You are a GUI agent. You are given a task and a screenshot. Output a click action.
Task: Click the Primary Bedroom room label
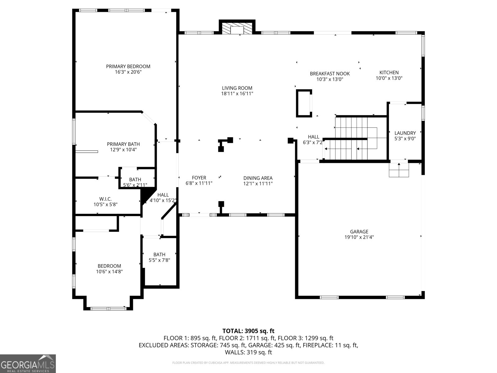click(128, 67)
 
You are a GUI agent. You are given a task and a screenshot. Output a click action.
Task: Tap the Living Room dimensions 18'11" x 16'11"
click(237, 94)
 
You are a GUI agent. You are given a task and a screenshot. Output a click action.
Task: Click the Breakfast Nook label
click(330, 74)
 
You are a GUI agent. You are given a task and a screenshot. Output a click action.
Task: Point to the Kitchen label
click(389, 72)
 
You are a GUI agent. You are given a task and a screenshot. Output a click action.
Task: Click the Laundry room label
click(405, 133)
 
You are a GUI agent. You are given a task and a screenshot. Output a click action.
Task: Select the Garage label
click(359, 232)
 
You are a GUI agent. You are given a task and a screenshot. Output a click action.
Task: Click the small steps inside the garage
click(399, 170)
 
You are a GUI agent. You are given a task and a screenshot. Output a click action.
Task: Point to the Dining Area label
click(258, 178)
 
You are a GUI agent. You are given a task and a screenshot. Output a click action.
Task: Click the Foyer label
click(199, 178)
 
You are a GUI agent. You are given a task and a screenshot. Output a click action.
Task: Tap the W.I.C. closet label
click(105, 199)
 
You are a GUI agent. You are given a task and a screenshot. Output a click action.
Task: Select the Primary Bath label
click(123, 144)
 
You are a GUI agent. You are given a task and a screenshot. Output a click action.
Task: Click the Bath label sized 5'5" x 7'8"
click(159, 255)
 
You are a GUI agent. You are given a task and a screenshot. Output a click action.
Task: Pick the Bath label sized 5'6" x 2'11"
click(135, 180)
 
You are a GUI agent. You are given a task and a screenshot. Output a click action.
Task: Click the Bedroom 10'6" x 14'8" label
click(109, 266)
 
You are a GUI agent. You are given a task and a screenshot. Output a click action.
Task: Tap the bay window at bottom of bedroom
click(108, 308)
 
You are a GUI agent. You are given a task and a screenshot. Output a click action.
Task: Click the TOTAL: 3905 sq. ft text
click(248, 331)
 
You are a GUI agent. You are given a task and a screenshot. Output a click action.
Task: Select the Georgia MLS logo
click(28, 364)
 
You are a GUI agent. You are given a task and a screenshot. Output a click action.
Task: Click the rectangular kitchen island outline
click(304, 104)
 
